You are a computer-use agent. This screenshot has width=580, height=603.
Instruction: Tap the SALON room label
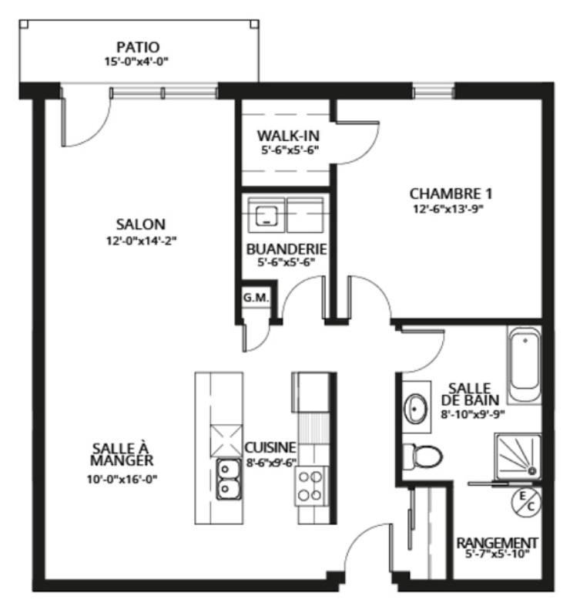click(x=140, y=224)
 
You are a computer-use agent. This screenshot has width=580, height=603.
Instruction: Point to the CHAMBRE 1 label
click(x=451, y=193)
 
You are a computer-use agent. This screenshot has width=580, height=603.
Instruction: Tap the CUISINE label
click(x=270, y=447)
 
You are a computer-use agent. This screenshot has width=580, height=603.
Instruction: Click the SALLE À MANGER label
click(x=122, y=454)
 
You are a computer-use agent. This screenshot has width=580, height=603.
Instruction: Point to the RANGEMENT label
click(x=498, y=543)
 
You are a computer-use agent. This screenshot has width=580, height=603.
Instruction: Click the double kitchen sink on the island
click(x=228, y=478)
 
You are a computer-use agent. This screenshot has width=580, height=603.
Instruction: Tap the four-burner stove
click(x=310, y=486)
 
